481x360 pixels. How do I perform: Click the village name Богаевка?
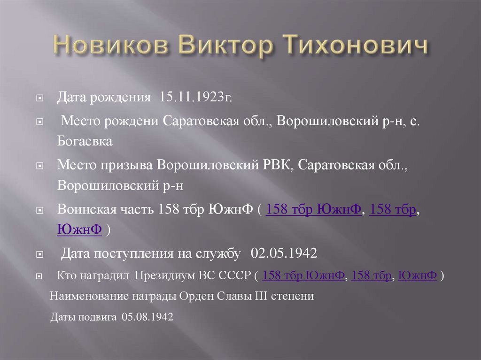[x=85, y=141]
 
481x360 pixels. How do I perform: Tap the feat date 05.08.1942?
[x=147, y=317]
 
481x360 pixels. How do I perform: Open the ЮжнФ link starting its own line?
[x=79, y=230]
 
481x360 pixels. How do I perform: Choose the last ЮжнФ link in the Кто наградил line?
[x=418, y=276]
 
